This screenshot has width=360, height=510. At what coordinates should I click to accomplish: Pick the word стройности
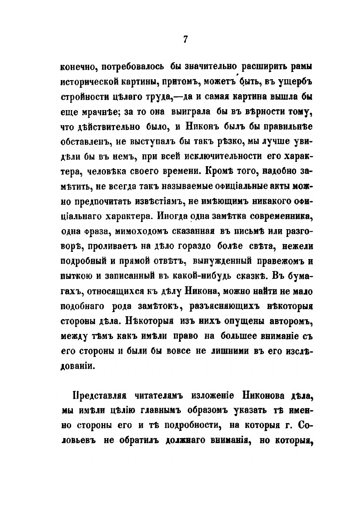[87, 95]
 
